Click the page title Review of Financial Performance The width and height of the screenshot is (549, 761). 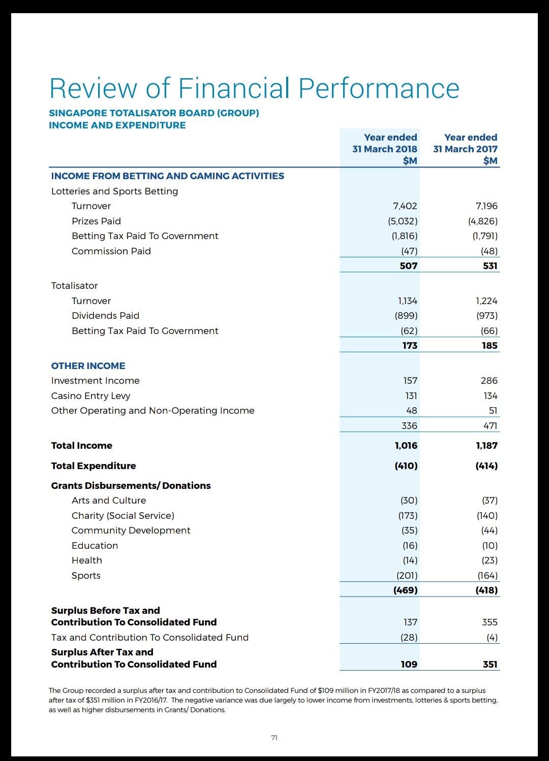click(x=254, y=88)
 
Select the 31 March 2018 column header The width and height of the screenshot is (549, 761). click(x=385, y=149)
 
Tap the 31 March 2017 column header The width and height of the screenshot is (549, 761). click(x=465, y=149)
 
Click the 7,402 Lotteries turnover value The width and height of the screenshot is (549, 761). click(x=405, y=206)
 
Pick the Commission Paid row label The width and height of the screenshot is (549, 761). click(x=111, y=251)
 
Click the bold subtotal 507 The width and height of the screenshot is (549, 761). click(x=408, y=266)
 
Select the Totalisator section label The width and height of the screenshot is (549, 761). click(x=74, y=286)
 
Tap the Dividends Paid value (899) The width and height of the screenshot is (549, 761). click(x=406, y=316)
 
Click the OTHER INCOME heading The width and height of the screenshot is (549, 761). click(x=88, y=366)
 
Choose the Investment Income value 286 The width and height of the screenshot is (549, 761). click(x=489, y=381)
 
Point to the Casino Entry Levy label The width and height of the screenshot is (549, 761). click(x=90, y=396)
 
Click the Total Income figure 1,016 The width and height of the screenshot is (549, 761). click(x=406, y=446)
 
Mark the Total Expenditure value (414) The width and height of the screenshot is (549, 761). click(x=486, y=466)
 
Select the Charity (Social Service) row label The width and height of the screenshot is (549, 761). click(x=123, y=516)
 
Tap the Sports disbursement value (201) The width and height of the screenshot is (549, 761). click(x=407, y=576)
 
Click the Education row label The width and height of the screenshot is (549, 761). click(x=95, y=546)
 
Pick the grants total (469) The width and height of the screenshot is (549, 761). click(x=405, y=590)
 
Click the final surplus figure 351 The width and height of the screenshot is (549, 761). click(x=490, y=665)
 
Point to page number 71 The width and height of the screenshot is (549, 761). click(x=274, y=738)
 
